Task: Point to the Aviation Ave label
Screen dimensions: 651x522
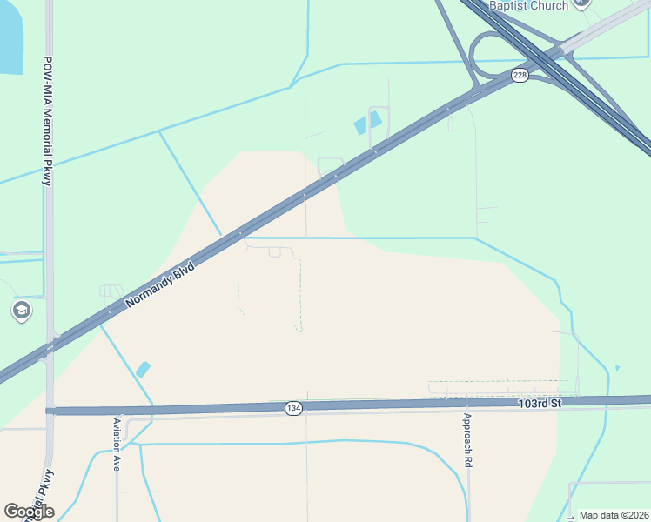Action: (117, 445)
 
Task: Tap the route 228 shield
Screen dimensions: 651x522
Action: (520, 76)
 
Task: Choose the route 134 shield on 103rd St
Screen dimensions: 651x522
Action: (293, 408)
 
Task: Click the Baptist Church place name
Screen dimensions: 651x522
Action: (529, 5)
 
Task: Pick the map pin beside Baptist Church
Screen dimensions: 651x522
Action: (583, 3)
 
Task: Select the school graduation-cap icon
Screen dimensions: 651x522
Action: (22, 311)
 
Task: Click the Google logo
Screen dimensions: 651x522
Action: (29, 512)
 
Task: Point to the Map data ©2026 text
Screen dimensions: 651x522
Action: (614, 515)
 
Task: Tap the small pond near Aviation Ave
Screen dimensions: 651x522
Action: (143, 369)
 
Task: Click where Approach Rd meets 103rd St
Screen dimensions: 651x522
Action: (467, 403)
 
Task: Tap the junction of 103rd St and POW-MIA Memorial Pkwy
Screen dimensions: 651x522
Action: (50, 410)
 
